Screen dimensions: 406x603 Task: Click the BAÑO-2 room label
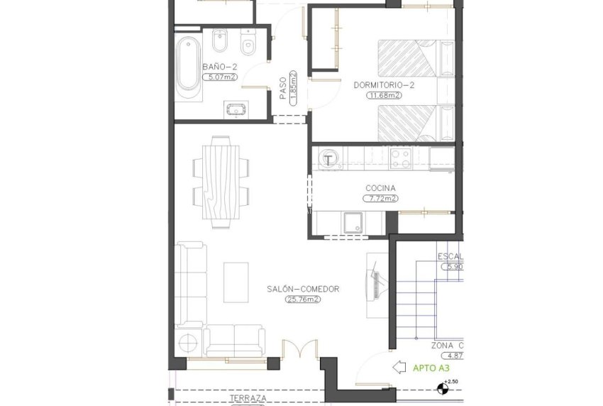pos(219,67)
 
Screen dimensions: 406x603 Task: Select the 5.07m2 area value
pos(219,77)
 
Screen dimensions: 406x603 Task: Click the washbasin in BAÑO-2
pos(236,109)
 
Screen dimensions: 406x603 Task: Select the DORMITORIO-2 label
pos(384,85)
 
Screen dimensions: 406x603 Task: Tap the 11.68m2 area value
pos(384,95)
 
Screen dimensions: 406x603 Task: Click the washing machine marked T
pos(328,160)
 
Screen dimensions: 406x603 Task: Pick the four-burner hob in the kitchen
pos(400,158)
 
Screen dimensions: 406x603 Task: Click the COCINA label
pos(380,188)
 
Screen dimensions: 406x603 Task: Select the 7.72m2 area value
pos(380,199)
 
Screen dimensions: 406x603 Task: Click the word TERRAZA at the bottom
pos(248,399)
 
